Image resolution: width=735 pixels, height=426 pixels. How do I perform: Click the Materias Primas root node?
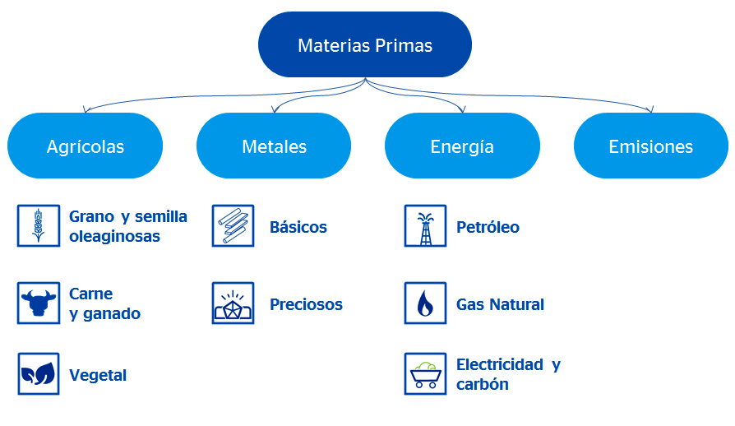(365, 45)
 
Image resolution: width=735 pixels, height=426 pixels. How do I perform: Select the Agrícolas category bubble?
(86, 146)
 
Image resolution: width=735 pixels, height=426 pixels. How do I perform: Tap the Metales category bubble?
(274, 146)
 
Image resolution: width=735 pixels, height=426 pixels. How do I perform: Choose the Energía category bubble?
(462, 146)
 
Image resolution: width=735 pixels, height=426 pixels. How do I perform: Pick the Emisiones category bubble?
(650, 146)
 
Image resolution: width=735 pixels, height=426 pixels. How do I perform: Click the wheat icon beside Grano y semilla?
(39, 226)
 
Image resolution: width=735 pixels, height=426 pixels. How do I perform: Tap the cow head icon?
(39, 303)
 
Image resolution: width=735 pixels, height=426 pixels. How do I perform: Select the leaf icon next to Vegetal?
(39, 374)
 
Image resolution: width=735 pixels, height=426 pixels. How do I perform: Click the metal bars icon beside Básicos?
(233, 226)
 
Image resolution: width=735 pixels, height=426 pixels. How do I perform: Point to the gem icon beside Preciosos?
(233, 303)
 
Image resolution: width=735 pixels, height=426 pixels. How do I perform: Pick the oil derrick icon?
(425, 226)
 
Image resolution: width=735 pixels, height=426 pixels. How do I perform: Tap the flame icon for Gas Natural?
(425, 303)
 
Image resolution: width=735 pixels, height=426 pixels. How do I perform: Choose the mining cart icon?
(425, 374)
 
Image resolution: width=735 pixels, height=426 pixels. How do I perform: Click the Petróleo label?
(488, 227)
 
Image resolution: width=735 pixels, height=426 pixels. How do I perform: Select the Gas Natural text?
(500, 304)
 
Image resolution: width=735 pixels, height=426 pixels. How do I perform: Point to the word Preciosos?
(306, 304)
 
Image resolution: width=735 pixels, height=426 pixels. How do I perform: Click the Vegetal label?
(98, 375)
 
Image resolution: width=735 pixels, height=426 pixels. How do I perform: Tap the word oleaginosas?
(114, 237)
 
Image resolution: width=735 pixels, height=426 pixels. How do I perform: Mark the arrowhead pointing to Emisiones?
(650, 111)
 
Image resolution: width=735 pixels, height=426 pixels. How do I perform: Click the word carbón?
(483, 384)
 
